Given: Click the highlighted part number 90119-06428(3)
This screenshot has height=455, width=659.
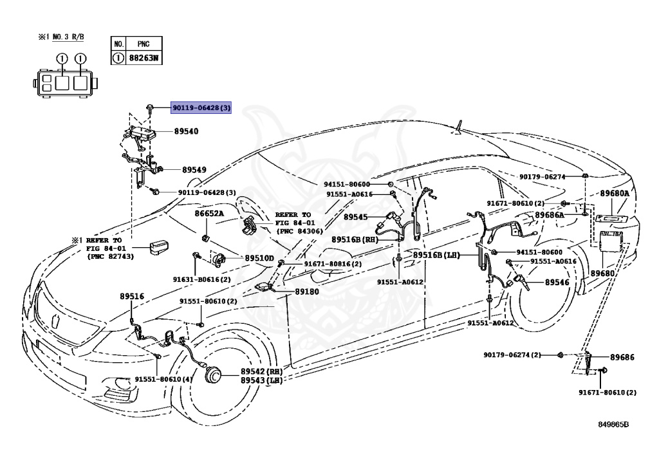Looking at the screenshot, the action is pyautogui.click(x=201, y=108).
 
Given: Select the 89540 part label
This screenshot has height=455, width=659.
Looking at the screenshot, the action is pyautogui.click(x=186, y=131).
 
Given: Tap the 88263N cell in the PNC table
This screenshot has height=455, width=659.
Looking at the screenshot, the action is pyautogui.click(x=144, y=57).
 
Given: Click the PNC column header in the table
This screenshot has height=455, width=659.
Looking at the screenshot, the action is pyautogui.click(x=144, y=44).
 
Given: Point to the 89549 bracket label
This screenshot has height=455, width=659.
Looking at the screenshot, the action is pyautogui.click(x=194, y=170).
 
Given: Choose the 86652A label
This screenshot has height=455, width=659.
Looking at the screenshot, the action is pyautogui.click(x=209, y=214).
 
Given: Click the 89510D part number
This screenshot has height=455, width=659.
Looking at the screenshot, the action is pyautogui.click(x=259, y=258).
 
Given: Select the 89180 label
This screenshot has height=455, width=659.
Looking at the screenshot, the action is pyautogui.click(x=307, y=291).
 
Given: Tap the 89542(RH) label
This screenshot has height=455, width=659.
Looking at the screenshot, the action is pyautogui.click(x=261, y=371).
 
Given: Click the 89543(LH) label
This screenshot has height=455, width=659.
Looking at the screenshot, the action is pyautogui.click(x=261, y=380).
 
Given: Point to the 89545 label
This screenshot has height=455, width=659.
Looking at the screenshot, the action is pyautogui.click(x=355, y=217).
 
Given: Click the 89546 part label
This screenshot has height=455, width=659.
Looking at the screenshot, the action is pyautogui.click(x=557, y=283).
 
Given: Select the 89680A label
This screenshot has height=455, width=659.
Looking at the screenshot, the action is pyautogui.click(x=615, y=193).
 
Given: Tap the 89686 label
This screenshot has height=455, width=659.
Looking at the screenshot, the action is pyautogui.click(x=622, y=357).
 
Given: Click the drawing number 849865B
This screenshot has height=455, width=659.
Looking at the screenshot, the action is pyautogui.click(x=613, y=424).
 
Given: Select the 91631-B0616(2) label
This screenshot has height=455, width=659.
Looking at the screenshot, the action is pyautogui.click(x=201, y=279).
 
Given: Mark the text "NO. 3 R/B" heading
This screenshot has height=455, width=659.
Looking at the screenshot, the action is pyautogui.click(x=68, y=37).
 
